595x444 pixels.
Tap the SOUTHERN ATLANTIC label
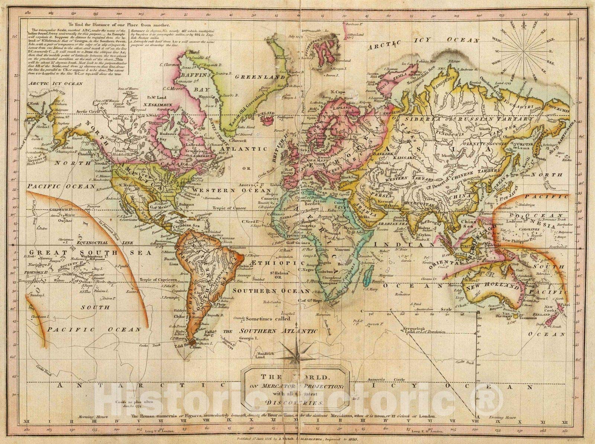pyautogui.click(x=278, y=331)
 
